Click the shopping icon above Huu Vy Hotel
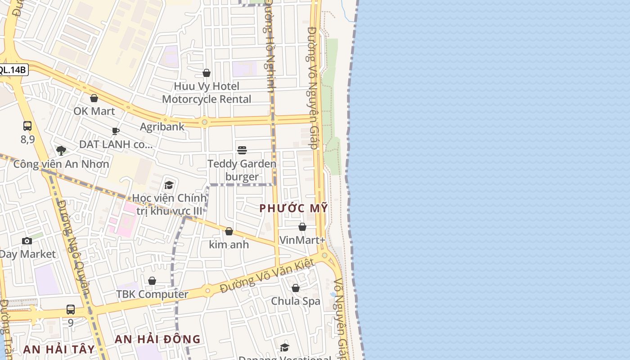(207, 73)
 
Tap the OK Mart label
(94, 111)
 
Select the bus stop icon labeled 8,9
(27, 126)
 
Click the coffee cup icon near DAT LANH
(116, 131)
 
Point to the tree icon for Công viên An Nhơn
(61, 150)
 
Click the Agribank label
(162, 126)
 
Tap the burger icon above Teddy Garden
(242, 150)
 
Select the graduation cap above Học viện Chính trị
(169, 185)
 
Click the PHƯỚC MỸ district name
(293, 208)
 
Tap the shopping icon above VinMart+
(302, 227)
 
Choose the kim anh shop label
(229, 245)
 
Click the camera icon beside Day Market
(27, 241)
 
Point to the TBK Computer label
(152, 294)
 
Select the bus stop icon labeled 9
(71, 310)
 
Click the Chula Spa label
(296, 301)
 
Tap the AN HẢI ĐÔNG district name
(157, 339)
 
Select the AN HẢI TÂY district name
(59, 349)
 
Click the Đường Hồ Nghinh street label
(270, 45)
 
